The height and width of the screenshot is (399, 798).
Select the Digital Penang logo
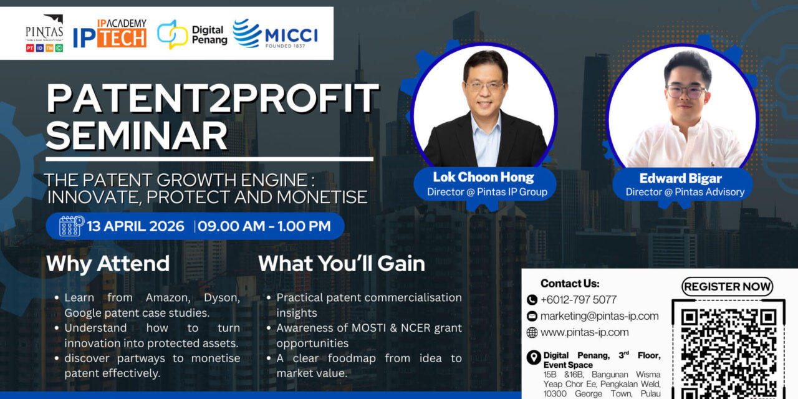point(192,34)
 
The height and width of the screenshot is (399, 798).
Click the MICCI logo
point(275,34)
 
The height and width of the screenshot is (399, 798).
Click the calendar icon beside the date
point(71,226)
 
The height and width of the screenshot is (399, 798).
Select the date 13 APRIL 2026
point(136,226)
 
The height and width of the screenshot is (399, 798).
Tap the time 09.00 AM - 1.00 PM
point(265,226)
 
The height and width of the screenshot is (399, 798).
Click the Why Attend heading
point(107,264)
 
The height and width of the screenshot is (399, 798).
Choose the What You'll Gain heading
point(342,264)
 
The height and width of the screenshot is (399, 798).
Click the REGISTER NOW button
point(727,287)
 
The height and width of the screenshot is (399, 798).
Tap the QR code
point(727,349)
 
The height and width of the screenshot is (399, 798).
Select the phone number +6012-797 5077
point(578,299)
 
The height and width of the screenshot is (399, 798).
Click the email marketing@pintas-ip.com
point(599,316)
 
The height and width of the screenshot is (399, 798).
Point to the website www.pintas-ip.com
point(584,332)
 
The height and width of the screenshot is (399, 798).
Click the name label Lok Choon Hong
point(484,178)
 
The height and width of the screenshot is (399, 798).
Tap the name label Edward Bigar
point(681,178)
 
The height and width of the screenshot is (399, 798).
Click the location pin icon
point(533,357)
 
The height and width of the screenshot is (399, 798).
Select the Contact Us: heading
point(570,283)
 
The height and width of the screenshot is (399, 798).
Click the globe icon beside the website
point(532,332)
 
